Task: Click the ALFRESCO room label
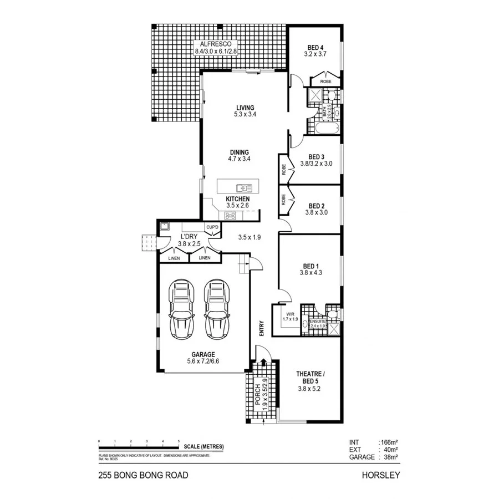tap(216, 43)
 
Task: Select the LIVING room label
tap(245, 108)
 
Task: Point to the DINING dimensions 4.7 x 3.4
tap(239, 159)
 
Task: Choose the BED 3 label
tap(316, 156)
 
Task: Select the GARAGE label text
tap(203, 354)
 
